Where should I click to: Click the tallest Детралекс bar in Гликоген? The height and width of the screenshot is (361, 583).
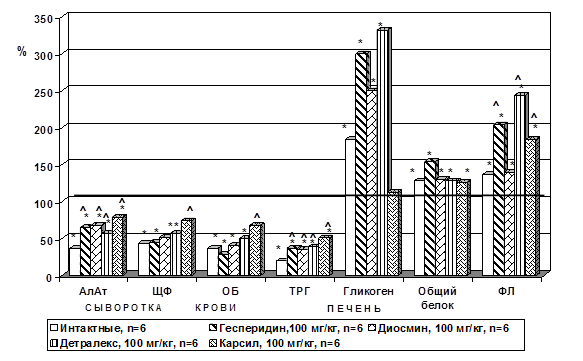tap(384, 152)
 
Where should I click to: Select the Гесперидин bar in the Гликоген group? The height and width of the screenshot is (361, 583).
tap(362, 164)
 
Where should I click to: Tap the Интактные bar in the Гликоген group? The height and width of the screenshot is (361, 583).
tap(351, 207)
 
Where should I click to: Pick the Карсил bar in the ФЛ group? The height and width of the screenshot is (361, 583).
tap(532, 206)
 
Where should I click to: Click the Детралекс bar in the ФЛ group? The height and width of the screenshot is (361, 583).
tap(521, 184)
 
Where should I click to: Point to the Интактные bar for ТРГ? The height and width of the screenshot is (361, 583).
tap(281, 268)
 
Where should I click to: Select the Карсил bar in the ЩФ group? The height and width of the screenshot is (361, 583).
tap(188, 247)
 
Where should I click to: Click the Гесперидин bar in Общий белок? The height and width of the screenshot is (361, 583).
tap(431, 217)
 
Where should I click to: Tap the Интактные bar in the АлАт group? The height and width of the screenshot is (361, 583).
tap(75, 261)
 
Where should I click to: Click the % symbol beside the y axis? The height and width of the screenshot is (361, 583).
tap(22, 51)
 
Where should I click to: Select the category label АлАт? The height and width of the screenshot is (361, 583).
tap(93, 291)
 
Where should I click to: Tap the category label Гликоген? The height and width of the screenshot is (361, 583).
tap(368, 291)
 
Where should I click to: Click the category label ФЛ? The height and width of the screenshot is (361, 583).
tap(506, 291)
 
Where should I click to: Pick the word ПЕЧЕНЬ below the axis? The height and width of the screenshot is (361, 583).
tap(354, 309)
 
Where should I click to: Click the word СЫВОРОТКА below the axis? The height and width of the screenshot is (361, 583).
tap(123, 308)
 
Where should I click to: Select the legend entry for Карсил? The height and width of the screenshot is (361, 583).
tap(275, 343)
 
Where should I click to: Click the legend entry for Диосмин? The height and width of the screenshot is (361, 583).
tap(439, 328)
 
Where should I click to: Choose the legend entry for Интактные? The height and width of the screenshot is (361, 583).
tap(98, 328)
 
